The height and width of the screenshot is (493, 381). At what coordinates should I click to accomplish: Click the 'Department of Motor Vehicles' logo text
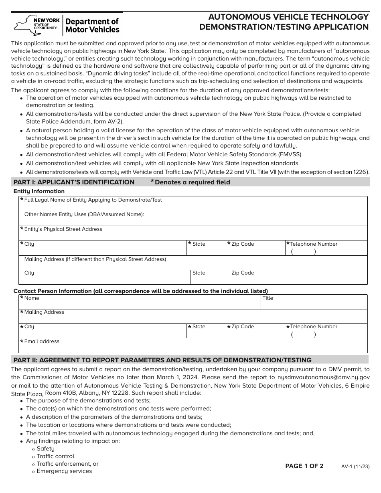[92, 25]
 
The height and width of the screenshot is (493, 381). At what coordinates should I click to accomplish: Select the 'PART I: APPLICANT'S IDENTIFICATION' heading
[74, 182]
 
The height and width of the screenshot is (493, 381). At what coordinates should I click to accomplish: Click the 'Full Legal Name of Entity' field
[193, 204]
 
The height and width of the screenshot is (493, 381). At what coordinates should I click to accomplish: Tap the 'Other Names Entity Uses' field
[193, 219]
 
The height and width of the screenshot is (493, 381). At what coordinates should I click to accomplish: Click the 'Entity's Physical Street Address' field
[193, 234]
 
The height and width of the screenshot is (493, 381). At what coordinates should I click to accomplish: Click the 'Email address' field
[193, 346]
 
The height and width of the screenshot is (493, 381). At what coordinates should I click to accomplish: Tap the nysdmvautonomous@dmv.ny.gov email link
[323, 377]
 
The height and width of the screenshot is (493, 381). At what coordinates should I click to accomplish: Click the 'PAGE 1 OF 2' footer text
[304, 466]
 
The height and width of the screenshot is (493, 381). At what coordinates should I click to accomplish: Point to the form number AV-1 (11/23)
[355, 466]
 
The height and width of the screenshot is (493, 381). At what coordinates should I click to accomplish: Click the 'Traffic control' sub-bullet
[55, 456]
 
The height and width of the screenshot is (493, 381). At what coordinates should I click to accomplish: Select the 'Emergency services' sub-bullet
[64, 471]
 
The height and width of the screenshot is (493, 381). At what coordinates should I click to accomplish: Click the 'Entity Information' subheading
[39, 191]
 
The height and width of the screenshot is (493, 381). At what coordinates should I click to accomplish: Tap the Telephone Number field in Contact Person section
[326, 331]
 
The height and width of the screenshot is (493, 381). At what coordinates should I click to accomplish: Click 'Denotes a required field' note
[192, 182]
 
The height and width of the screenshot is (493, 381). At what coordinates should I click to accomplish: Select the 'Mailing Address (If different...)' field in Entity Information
[193, 263]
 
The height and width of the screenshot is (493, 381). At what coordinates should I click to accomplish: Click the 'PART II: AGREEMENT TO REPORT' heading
[162, 360]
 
